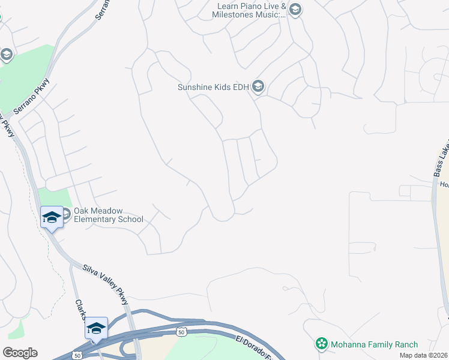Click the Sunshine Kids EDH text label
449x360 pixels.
coord(213,87)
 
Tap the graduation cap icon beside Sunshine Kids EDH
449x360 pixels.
coord(258,87)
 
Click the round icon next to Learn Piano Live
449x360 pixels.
coord(295,9)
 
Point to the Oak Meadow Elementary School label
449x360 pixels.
coord(108,214)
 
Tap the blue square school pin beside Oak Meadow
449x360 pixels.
coord(52,217)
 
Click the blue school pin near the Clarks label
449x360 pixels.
coord(96,328)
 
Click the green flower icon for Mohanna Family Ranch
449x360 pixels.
coord(322,344)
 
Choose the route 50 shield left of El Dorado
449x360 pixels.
coord(181,331)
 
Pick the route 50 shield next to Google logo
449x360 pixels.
coord(77,355)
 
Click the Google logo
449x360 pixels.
coord(20,353)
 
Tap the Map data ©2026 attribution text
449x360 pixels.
coord(423,355)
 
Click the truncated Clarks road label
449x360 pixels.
coord(80,309)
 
